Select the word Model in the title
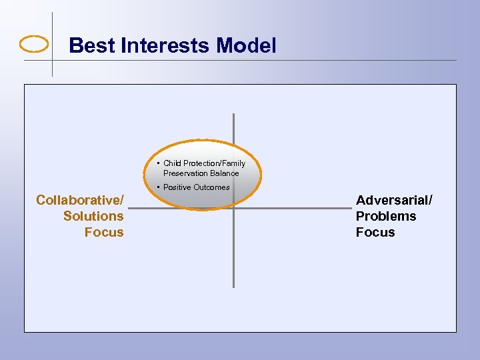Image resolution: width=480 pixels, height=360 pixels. tap(246, 46)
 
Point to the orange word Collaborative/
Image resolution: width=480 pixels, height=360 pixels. tap(80, 200)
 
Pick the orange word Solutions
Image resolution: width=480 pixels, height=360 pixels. tap(93, 216)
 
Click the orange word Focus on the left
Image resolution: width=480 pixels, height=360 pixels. tap(104, 232)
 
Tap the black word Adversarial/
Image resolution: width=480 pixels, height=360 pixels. tap(394, 200)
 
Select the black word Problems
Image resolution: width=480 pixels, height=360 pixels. tap(386, 216)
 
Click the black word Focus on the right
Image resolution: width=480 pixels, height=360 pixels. tap(375, 232)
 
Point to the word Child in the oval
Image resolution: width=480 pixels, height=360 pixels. tap(172, 163)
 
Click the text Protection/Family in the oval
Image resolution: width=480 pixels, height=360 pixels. tap(214, 163)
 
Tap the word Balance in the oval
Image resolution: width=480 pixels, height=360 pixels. tap(223, 173)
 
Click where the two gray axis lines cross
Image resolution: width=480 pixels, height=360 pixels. tap(233, 209)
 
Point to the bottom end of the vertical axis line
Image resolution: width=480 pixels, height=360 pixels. tap(233, 286)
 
